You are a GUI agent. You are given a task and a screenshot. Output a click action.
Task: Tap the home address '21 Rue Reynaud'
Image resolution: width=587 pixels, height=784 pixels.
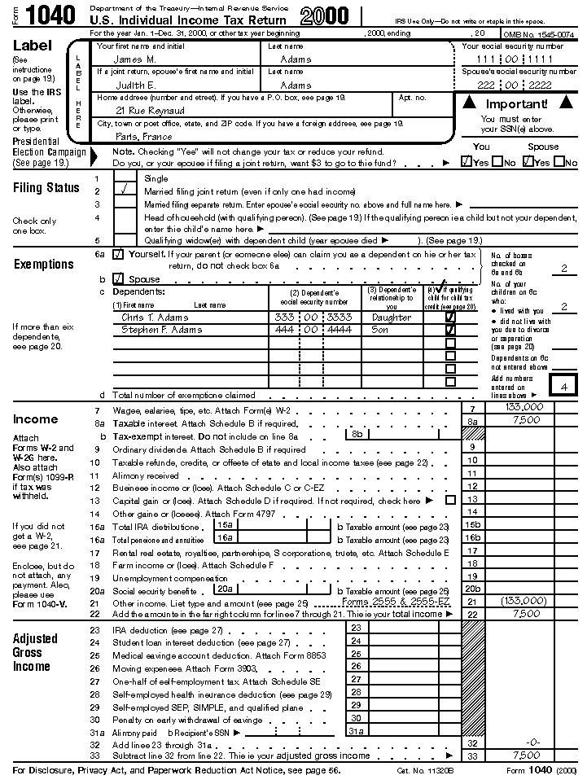(150, 110)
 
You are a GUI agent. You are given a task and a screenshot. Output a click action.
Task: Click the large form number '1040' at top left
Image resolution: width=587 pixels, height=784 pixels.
(51, 15)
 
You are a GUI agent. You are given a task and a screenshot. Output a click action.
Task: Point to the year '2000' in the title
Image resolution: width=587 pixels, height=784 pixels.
(324, 15)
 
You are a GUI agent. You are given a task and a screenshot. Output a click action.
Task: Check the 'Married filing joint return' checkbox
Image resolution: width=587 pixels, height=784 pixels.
(125, 191)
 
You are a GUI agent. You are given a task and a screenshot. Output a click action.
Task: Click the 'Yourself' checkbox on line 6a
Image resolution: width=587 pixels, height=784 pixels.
(119, 254)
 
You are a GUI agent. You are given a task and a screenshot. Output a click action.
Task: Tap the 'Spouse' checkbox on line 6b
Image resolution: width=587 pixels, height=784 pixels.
(119, 278)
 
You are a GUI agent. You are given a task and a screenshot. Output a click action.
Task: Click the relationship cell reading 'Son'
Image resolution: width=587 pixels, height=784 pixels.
(379, 330)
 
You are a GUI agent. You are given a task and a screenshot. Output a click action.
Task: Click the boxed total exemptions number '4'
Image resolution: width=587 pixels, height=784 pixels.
(563, 386)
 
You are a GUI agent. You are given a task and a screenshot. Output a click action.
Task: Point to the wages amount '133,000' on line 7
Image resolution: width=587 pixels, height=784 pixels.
(524, 406)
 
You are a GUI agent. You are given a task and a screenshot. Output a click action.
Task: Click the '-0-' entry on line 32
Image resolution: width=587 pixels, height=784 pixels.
(533, 742)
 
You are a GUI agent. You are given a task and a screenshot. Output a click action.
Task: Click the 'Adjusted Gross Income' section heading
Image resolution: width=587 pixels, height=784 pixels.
(35, 652)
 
